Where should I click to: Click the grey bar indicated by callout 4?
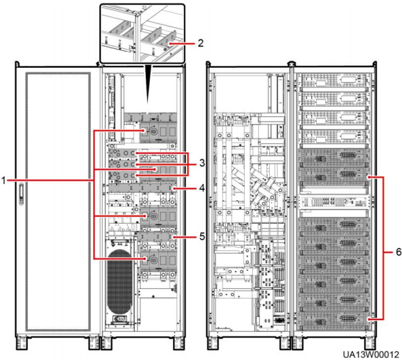[155, 188]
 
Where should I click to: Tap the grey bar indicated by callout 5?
[155, 236]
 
